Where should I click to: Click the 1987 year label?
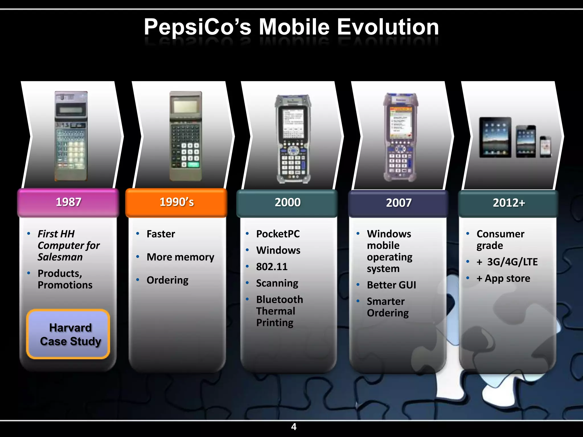[68, 202]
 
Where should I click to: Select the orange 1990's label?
[176, 202]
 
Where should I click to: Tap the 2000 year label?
[288, 203]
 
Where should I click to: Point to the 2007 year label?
[399, 203]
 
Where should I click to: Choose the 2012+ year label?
[509, 203]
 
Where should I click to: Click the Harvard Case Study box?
[68, 334]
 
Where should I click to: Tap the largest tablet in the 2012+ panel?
[495, 137]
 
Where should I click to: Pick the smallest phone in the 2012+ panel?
[545, 147]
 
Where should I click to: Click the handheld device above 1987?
[71, 136]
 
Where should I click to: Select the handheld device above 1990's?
[186, 136]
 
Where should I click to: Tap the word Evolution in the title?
[388, 27]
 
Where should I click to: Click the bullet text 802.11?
[272, 267]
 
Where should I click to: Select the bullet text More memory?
[180, 257]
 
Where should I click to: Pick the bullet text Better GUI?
[391, 285]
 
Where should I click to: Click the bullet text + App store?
[503, 278]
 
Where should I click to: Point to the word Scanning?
[277, 283]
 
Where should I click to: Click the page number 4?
[294, 427]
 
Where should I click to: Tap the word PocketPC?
[278, 234]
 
